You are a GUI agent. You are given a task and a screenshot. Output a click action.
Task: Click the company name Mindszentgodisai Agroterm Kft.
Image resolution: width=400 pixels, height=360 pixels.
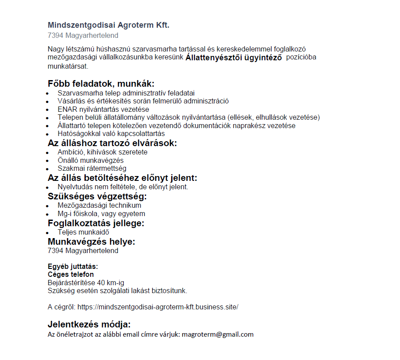pos(108,25)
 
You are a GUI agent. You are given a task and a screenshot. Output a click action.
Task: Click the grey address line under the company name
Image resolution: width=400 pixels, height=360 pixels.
pos(83,36)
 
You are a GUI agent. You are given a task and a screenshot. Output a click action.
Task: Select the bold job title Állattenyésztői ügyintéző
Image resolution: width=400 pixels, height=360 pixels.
pos(234,58)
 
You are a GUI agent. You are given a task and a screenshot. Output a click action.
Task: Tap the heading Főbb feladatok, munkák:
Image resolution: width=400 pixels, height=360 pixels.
pos(101,84)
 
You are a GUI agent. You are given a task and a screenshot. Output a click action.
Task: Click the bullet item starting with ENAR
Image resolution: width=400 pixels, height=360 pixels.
pos(103,109)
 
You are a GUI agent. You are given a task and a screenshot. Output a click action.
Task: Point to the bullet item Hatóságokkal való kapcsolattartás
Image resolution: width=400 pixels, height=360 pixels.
pos(111,133)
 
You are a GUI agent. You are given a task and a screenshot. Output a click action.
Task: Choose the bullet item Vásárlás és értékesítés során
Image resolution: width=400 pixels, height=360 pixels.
pos(143,101)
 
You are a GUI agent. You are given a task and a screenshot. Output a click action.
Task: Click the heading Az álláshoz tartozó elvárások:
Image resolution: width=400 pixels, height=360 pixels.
pos(112,143)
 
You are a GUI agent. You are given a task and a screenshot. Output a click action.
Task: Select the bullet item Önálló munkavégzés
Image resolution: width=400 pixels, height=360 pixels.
pos(91,160)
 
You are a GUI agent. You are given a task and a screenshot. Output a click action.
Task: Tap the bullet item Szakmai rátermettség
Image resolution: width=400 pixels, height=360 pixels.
pos(92,168)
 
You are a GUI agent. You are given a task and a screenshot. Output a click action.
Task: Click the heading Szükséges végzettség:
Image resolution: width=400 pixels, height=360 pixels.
pos(97,196)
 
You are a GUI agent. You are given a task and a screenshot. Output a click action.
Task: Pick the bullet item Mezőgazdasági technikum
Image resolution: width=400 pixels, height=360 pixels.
pos(99,206)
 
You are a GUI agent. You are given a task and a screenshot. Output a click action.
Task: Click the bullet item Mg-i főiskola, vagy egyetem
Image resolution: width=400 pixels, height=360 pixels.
pos(101,214)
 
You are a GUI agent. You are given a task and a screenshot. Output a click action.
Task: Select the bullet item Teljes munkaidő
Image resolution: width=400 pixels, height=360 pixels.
pos(83,232)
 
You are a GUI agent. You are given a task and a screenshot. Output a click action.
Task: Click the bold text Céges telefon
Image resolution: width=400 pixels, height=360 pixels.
pos(70,275)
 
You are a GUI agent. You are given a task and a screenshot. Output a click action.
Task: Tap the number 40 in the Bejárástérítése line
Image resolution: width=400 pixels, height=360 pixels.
pos(101,283)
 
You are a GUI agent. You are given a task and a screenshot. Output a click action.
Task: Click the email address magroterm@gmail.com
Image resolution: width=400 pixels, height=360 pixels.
pos(218,334)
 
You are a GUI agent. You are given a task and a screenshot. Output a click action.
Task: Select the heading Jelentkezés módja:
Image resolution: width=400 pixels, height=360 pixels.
pos(89,325)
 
